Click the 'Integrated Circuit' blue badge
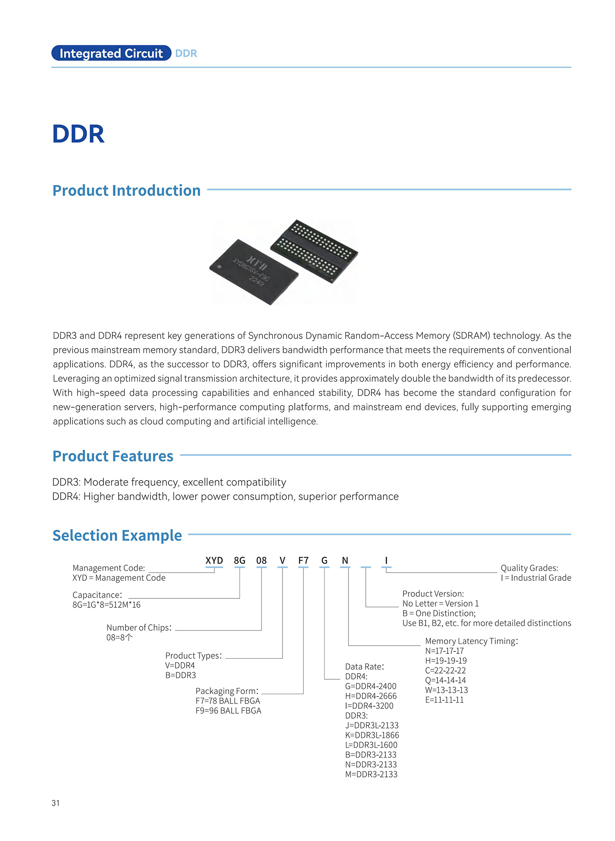[x=111, y=53]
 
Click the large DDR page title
[x=78, y=134]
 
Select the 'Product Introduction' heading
[x=126, y=190]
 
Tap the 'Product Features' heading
[x=113, y=456]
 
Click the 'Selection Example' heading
[x=117, y=536]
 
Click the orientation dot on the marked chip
[x=219, y=267]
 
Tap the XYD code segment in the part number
[x=214, y=561]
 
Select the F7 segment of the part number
[x=303, y=561]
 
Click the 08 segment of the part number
[x=261, y=561]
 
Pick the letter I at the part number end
[x=386, y=561]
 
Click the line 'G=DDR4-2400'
[x=371, y=686]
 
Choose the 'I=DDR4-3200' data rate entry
[x=369, y=706]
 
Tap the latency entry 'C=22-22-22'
[x=445, y=671]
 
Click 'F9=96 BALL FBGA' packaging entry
[x=228, y=711]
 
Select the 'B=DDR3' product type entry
[x=180, y=675]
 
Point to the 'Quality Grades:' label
[x=529, y=568]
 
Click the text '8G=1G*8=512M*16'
[x=106, y=605]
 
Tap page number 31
[x=56, y=803]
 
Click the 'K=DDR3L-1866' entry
[x=372, y=735]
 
